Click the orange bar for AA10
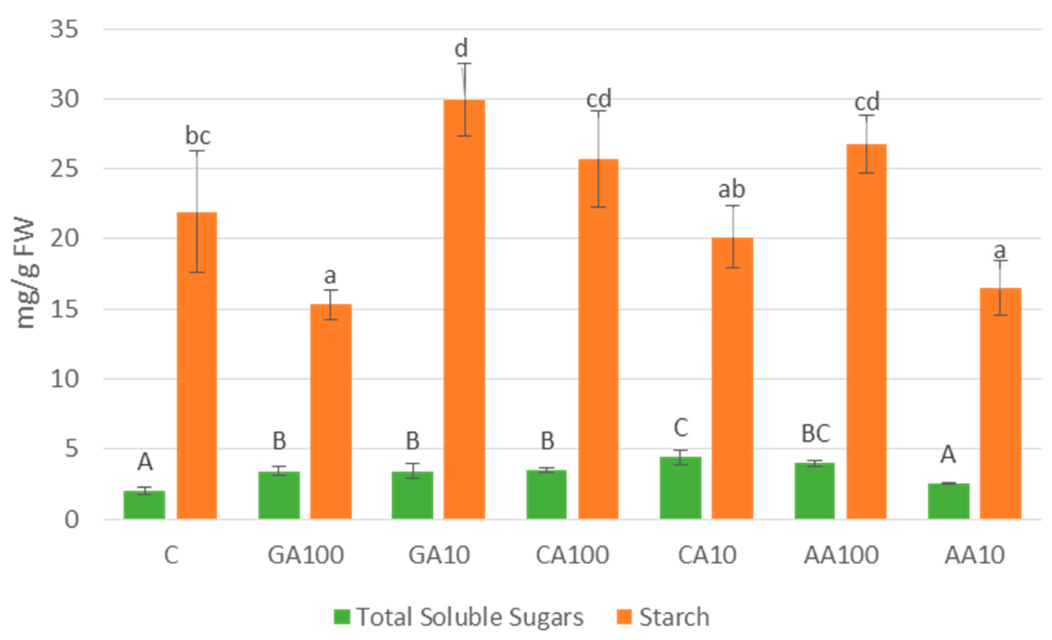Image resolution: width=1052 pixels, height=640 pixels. pos(1000,403)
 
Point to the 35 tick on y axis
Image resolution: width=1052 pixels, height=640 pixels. pos(65,30)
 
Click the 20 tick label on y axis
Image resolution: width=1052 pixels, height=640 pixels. pos(65,238)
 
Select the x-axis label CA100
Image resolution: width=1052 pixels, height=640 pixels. pos(572,555)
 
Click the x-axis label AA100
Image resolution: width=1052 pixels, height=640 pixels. pos(841,555)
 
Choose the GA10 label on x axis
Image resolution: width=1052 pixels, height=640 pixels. pos(439,555)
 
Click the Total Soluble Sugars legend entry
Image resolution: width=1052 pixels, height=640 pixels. pos(470,617)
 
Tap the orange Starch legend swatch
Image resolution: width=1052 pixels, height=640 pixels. pos(624,617)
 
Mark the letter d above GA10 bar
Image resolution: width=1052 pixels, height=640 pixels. pos(461,48)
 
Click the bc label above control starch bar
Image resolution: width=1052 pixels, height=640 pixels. pos(197,136)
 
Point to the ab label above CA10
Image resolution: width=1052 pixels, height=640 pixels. pos(732,189)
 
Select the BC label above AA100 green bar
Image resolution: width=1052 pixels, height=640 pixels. pos(815,434)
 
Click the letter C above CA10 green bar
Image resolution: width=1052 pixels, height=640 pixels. pos(680,428)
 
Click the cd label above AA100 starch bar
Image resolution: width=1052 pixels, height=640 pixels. pos(867,102)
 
